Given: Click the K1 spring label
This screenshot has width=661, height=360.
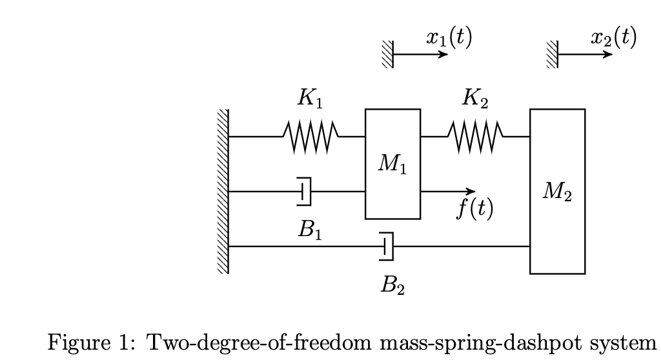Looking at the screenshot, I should (310, 99).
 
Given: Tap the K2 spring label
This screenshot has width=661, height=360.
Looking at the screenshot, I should (475, 99).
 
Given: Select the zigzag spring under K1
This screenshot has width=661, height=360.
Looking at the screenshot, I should (310, 137).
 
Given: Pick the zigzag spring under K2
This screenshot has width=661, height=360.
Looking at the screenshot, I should (476, 137).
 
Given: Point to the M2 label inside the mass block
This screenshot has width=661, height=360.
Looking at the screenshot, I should (557, 192).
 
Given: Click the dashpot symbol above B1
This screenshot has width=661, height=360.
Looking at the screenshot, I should (305, 192).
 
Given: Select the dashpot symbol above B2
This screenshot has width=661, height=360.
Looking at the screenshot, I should (387, 246).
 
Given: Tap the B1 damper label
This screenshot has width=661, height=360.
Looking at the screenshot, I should (310, 230).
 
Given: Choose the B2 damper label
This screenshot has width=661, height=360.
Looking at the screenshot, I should (392, 285).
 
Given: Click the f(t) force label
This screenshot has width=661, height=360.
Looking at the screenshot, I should (475, 208).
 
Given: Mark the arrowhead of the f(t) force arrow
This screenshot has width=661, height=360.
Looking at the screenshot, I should (471, 192).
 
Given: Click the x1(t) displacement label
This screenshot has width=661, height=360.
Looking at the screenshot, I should (449, 38).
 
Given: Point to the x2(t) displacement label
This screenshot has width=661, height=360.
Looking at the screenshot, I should (613, 38).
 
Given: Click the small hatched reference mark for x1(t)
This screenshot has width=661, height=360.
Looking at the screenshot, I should (387, 54).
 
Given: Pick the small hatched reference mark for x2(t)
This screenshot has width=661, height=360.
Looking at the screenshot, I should (552, 54).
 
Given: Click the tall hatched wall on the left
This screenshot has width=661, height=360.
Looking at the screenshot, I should (223, 192).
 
